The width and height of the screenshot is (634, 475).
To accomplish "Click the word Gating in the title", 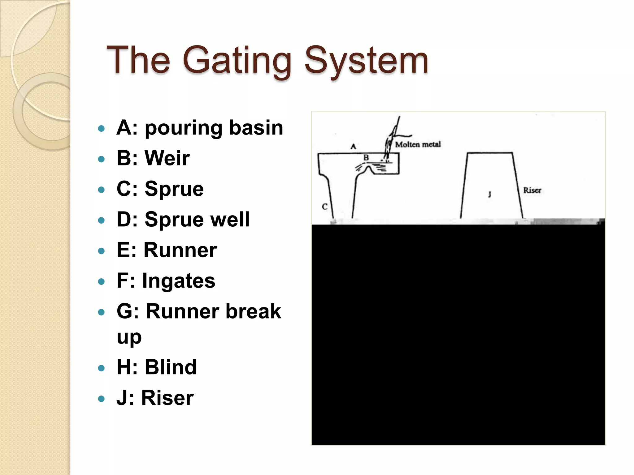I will coord(237,60).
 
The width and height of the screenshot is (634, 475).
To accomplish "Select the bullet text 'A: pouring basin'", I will coord(200,127).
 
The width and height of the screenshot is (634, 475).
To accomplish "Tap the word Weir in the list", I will coord(167,158).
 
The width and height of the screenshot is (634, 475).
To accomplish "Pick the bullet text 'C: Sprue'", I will coord(160,189).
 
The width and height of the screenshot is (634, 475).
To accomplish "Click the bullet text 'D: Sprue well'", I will coord(183,219).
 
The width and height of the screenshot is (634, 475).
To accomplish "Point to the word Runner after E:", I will coord(180,250).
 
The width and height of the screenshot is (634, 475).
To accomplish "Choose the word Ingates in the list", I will coord(179,281).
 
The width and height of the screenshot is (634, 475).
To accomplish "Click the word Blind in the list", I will coord(171,367).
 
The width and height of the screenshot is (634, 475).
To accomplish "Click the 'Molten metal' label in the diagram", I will coord(418,144).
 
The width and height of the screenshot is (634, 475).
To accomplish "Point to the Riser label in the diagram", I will coord(532,190).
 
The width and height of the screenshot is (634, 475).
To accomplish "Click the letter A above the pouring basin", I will coord(353,146).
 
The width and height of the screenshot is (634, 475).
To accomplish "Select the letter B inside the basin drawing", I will coord(366,158).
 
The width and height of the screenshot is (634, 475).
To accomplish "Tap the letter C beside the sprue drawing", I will coord(324,207).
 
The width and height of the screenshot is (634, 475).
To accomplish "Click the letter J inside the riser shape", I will coord(489,195).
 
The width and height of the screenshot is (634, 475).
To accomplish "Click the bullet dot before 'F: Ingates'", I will coord(101,281).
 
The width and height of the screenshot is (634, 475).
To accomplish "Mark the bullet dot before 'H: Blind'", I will coord(101,368).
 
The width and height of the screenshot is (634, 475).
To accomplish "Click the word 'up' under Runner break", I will coord(129,337).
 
